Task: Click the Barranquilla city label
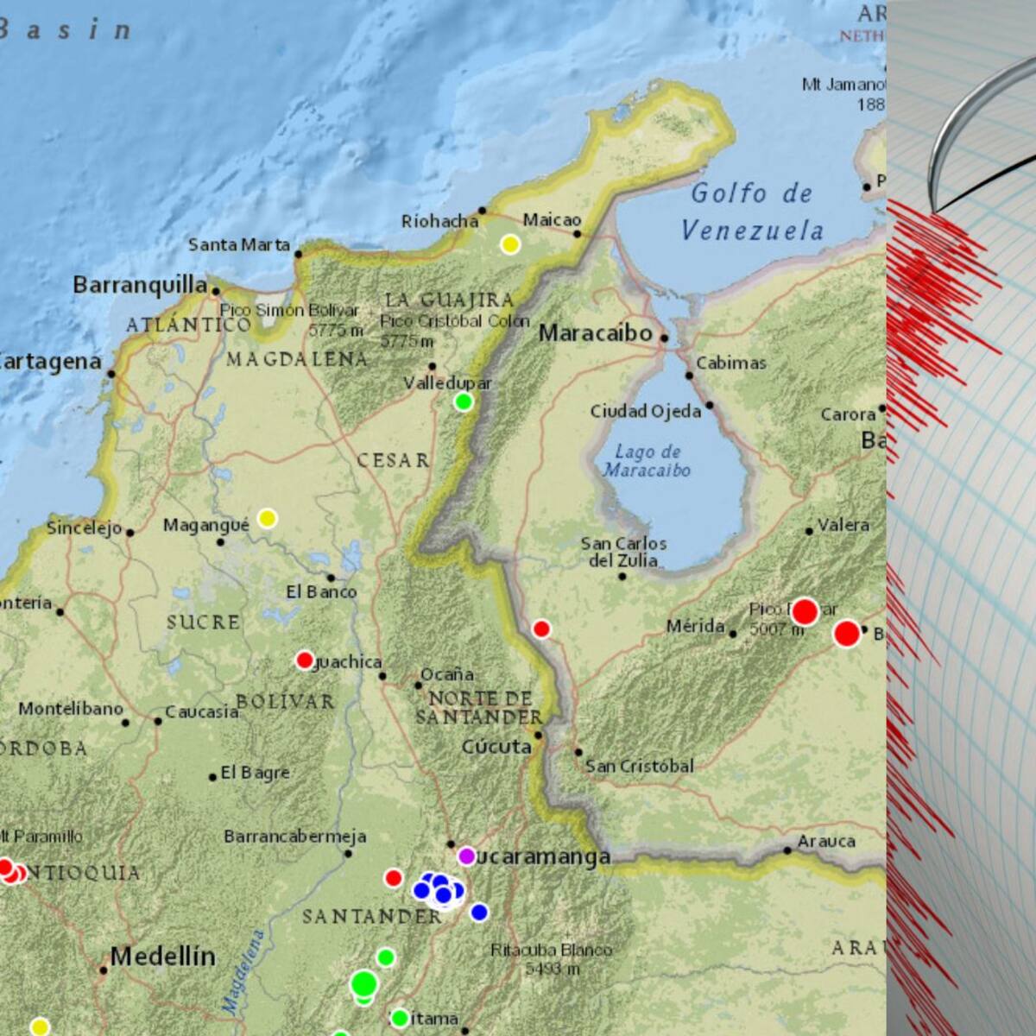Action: point(140,285)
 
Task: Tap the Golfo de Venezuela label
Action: point(752,212)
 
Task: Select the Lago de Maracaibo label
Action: point(647,461)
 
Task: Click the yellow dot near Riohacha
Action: point(510,244)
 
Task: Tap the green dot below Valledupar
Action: point(464,401)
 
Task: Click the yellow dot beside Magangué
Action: point(268,518)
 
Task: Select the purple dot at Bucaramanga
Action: point(466,856)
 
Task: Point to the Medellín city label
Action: point(162,957)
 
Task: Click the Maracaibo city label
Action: point(595,333)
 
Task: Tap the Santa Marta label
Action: point(239,245)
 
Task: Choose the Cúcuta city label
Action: point(496,747)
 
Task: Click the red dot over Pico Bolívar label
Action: point(805,612)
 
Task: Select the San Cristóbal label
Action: point(640,766)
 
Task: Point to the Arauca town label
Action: point(826,841)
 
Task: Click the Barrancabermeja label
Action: point(294,836)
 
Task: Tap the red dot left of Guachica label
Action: point(305,660)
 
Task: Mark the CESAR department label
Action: point(394,461)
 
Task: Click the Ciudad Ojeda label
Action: point(646,412)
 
